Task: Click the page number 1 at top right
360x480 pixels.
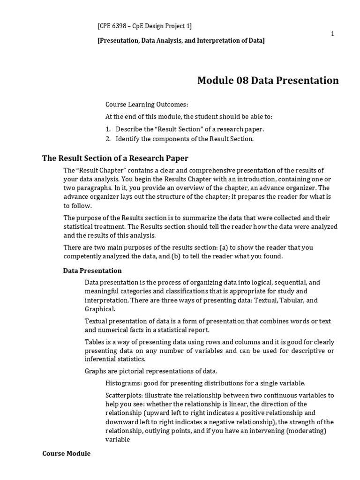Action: click(x=332, y=34)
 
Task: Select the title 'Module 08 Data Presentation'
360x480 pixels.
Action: click(x=268, y=81)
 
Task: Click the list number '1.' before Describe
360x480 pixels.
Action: click(x=108, y=129)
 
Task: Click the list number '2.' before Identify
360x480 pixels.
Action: click(x=108, y=139)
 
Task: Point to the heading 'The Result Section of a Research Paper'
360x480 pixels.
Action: click(x=115, y=158)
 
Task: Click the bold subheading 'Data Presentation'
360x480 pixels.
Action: click(x=92, y=270)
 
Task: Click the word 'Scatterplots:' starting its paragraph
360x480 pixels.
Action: click(x=124, y=395)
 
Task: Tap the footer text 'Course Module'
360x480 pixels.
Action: click(x=66, y=454)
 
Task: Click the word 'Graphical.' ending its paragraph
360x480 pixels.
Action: click(x=99, y=309)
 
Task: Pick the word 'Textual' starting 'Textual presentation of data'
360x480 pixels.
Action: click(x=96, y=321)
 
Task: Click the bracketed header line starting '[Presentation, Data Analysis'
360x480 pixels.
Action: click(x=181, y=41)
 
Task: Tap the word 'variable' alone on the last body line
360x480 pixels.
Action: click(x=118, y=440)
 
